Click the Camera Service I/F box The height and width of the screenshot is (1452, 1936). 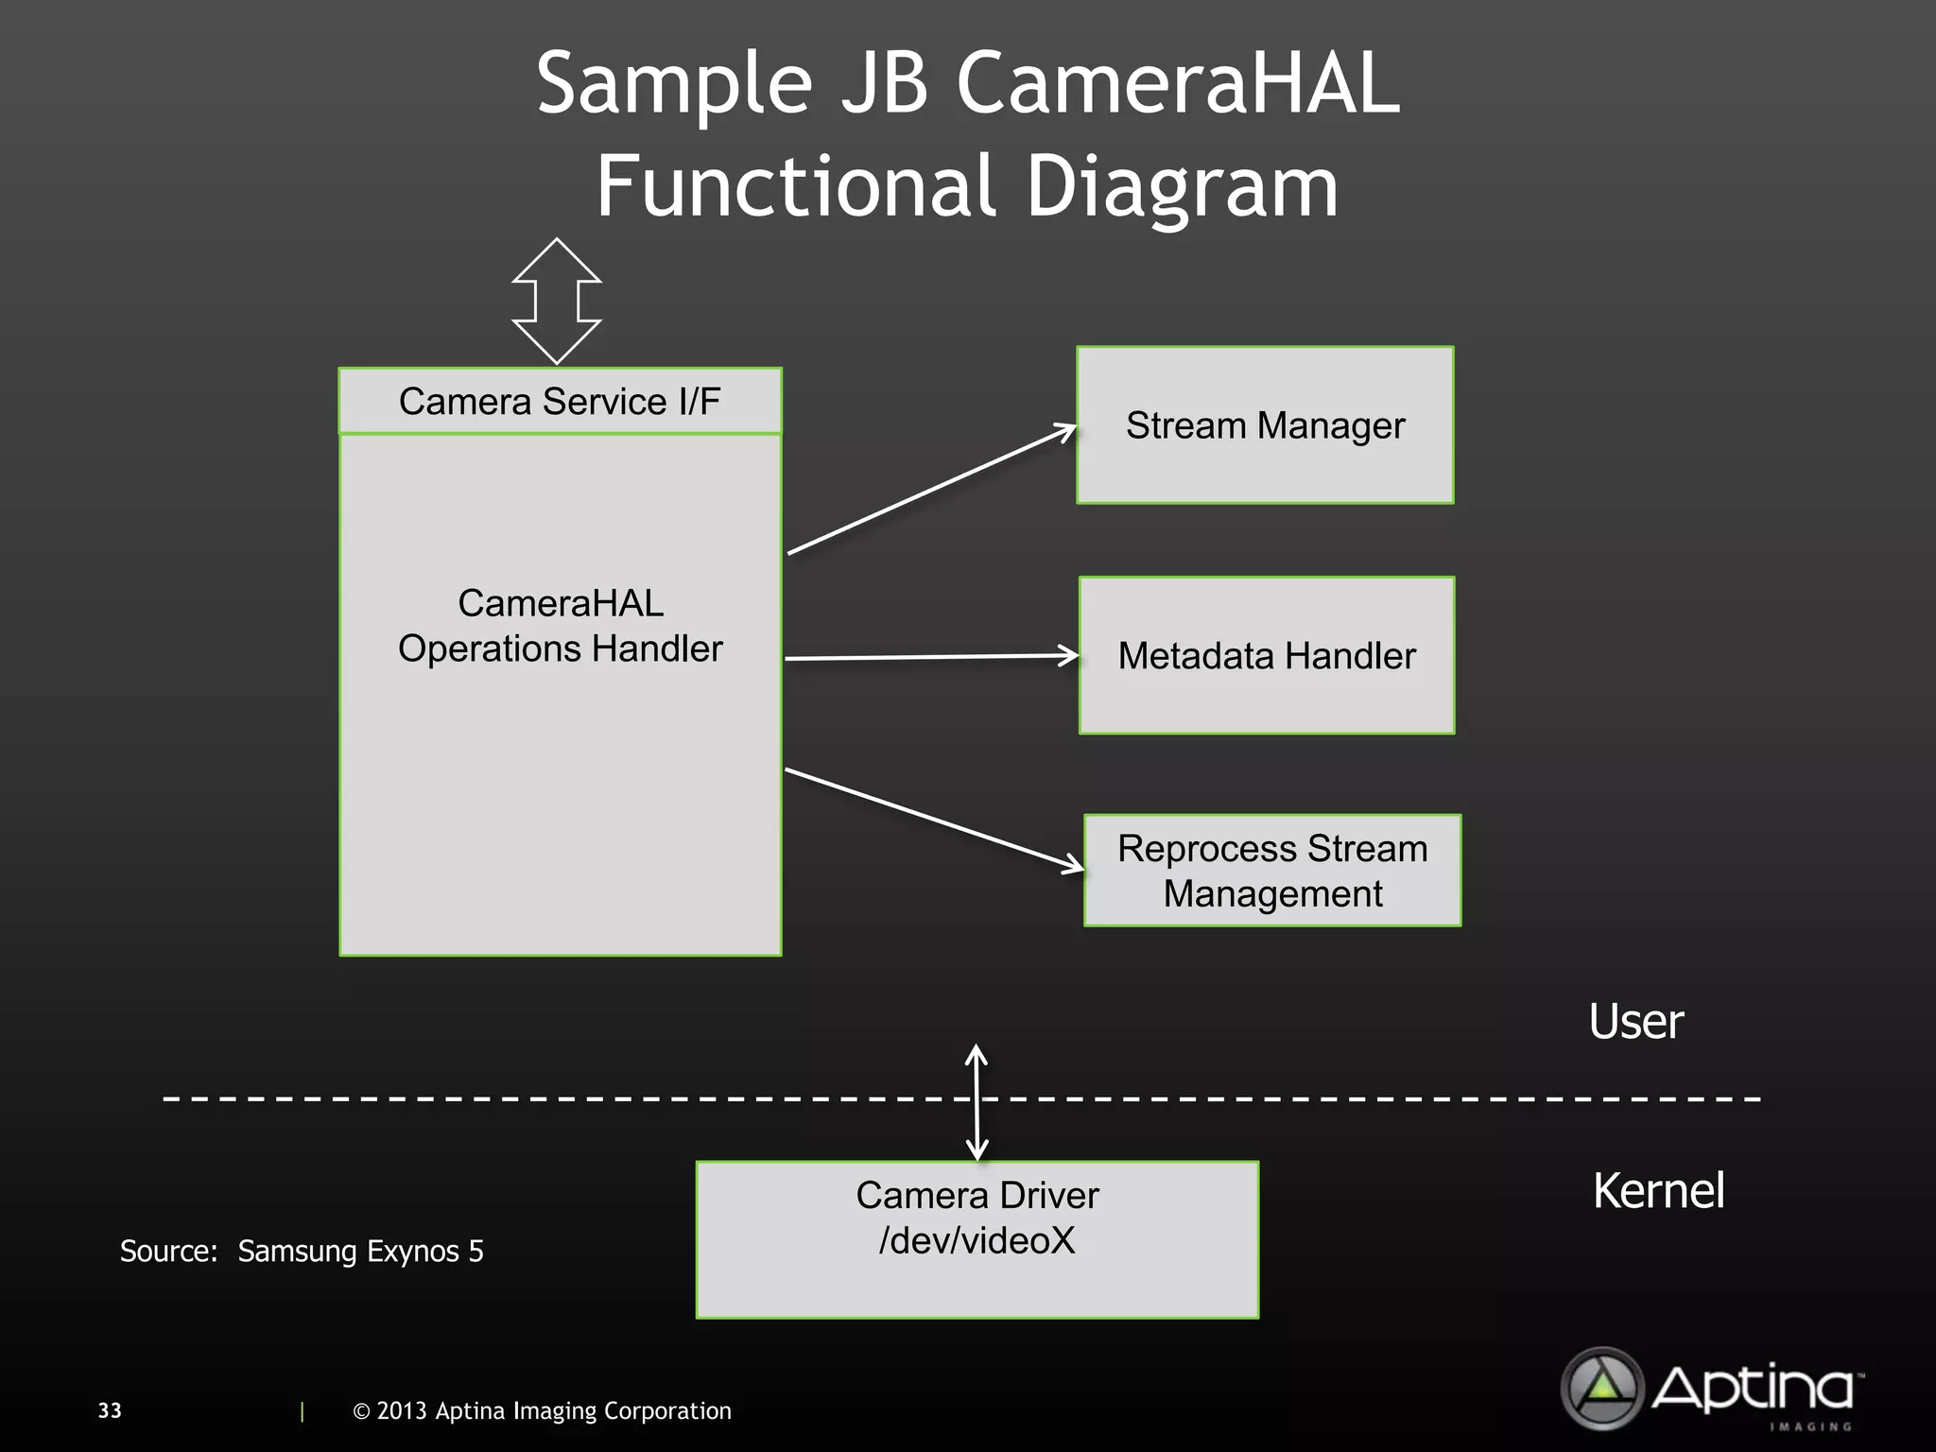tap(560, 402)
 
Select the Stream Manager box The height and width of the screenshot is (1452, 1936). tap(1265, 425)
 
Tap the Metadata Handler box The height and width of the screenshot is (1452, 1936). tap(1267, 656)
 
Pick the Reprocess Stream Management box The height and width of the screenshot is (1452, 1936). tap(1272, 871)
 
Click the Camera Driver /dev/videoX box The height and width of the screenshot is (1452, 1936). tap(977, 1239)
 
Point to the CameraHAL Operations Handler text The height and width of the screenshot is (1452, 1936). tap(560, 626)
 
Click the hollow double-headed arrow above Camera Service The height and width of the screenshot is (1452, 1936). tap(557, 301)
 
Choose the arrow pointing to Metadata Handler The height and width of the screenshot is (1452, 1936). tap(931, 657)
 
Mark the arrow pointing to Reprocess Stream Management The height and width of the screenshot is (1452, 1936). tap(934, 820)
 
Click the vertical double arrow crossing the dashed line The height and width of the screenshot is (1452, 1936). tap(977, 1102)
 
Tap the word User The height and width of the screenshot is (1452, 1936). tap(1635, 1022)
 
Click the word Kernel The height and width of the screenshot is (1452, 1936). tap(1658, 1190)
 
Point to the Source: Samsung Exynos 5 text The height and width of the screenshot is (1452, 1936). tap(302, 1251)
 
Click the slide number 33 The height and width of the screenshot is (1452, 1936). tap(110, 1410)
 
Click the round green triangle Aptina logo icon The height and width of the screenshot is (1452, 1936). tap(1602, 1388)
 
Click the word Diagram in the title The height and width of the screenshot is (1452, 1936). tap(1182, 186)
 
